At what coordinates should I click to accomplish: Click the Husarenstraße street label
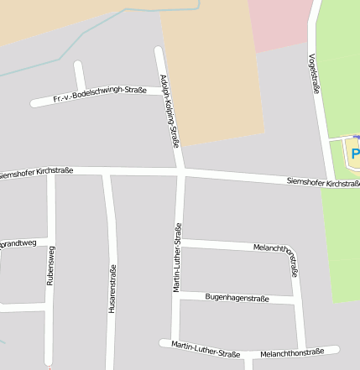click(x=112, y=289)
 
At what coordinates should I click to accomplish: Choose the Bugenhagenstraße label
click(x=237, y=298)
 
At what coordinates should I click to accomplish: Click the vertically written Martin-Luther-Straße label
click(x=177, y=258)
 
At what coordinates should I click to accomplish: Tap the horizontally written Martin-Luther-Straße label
click(x=206, y=348)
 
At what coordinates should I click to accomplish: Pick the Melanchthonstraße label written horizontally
click(x=292, y=352)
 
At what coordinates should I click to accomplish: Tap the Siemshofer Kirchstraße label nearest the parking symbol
click(x=322, y=182)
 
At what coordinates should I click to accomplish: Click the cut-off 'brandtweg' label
click(x=18, y=242)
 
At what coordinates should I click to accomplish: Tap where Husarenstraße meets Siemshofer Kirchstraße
click(x=106, y=174)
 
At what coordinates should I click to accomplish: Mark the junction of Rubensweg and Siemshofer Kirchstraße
click(x=50, y=173)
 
